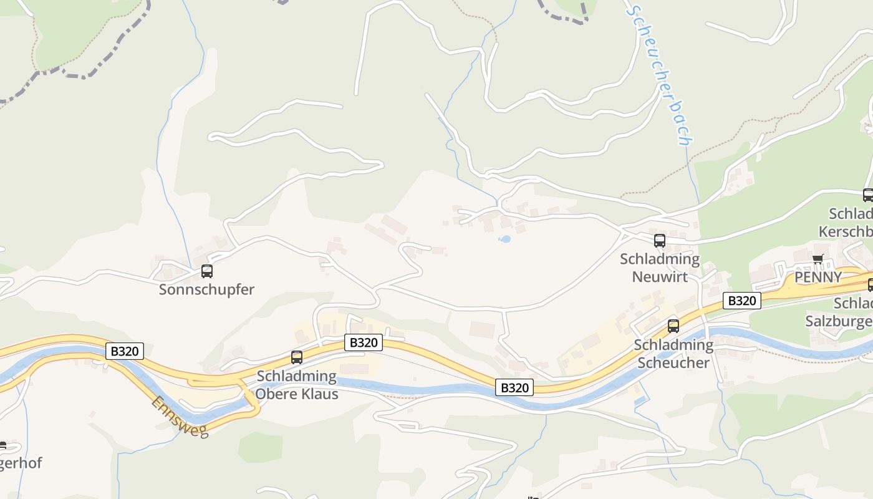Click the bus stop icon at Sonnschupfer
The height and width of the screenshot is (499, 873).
(x=207, y=271)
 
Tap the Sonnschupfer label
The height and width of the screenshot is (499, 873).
(x=206, y=289)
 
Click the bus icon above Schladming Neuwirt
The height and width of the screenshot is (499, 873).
(x=660, y=241)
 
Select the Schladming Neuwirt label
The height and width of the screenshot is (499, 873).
(x=660, y=268)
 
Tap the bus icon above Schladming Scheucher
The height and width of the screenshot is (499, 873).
(x=673, y=326)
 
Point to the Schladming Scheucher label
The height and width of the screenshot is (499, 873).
(x=673, y=354)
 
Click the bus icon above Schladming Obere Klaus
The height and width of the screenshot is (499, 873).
(x=297, y=357)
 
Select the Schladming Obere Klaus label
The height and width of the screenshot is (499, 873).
(x=297, y=385)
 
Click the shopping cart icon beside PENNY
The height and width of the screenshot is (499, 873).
(x=818, y=259)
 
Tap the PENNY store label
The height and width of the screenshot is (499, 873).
(x=818, y=278)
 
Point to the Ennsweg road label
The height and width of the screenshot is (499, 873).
(x=180, y=417)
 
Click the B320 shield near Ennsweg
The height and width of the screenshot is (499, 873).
(x=125, y=351)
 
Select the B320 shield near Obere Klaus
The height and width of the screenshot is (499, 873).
(x=364, y=342)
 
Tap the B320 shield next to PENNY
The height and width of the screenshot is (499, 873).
(x=742, y=301)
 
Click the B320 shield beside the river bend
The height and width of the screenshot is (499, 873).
(x=515, y=387)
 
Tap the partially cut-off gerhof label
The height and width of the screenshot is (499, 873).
(x=21, y=463)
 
